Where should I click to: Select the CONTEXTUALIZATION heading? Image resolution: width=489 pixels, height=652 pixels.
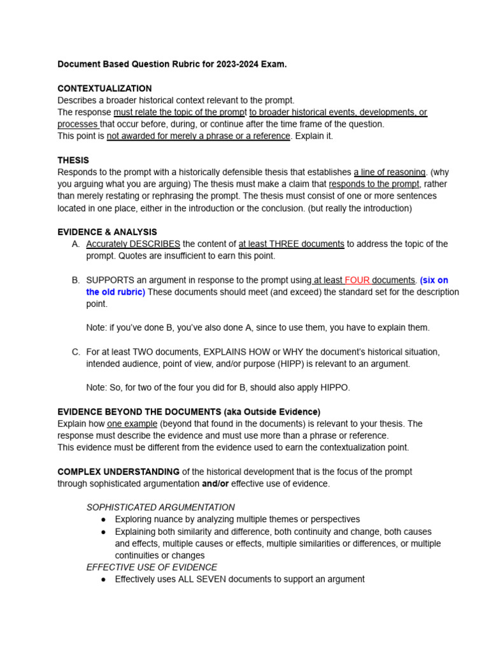tap(104, 89)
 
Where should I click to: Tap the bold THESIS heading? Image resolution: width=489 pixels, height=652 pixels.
tap(73, 160)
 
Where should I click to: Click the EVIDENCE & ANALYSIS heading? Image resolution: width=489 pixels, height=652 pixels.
tap(107, 232)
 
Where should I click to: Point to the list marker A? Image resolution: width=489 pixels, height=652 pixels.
tap(76, 244)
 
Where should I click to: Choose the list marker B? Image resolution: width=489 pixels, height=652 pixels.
tap(76, 280)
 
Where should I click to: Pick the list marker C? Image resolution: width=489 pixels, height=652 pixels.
tap(76, 352)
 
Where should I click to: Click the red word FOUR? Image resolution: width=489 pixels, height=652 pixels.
tap(357, 280)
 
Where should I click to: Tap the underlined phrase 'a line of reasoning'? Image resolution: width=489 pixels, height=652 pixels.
tap(390, 172)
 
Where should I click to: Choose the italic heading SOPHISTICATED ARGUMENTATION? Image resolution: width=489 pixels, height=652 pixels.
tap(160, 507)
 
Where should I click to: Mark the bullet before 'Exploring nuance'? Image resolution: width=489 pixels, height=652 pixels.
tap(104, 520)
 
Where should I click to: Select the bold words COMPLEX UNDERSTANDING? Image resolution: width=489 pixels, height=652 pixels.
tap(118, 472)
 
